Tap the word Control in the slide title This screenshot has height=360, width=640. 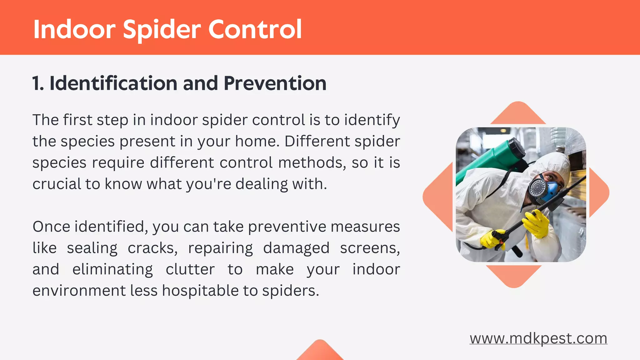click(255, 29)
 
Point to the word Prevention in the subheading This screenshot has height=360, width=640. click(275, 83)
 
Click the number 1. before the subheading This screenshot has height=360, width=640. click(38, 83)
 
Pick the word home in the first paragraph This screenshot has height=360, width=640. click(256, 141)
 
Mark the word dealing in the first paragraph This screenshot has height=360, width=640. click(261, 184)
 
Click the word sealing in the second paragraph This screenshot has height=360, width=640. click(92, 248)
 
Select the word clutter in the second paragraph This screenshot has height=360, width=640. click(190, 269)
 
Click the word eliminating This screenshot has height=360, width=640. click(112, 269)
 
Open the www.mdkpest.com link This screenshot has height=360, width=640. click(538, 338)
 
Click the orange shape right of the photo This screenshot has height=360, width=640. click(598, 192)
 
